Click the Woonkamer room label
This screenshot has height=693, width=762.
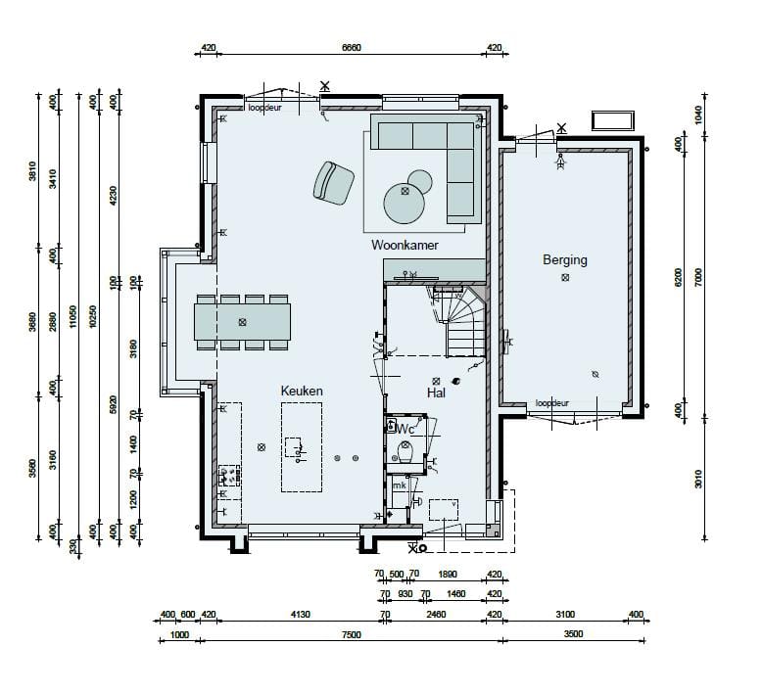405,245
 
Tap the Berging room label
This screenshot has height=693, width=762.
565,260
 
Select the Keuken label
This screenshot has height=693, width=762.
302,391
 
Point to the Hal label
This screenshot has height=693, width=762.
437,393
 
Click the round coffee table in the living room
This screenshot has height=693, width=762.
405,204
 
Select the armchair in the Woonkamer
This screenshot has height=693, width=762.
334,182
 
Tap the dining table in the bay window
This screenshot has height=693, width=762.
242,322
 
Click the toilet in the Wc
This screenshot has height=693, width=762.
406,453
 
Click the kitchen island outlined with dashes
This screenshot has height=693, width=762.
302,448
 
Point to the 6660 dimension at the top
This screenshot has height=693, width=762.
352,47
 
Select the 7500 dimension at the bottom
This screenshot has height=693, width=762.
352,634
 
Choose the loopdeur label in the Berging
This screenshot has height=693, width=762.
552,403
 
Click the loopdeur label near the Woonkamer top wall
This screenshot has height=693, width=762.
264,108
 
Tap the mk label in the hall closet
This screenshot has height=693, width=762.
400,485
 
